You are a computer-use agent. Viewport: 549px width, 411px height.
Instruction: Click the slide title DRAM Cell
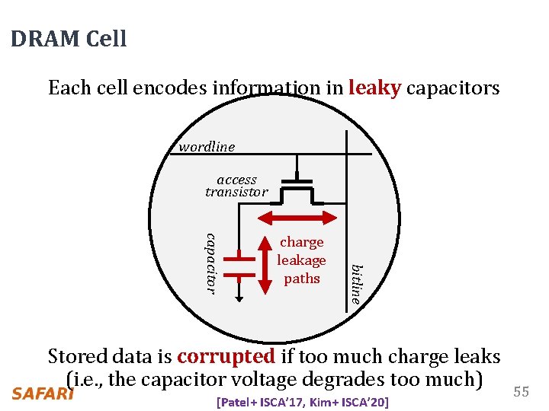coord(69,39)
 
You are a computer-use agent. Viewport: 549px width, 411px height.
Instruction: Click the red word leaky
coord(374,88)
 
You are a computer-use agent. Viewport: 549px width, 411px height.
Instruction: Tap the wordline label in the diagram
coord(207,146)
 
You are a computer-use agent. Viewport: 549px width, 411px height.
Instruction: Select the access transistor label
coord(236,186)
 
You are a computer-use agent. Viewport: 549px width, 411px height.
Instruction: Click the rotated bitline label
coord(356,284)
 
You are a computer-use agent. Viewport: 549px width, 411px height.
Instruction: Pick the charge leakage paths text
coord(301,260)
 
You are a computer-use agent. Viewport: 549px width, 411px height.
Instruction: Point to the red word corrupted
coord(226,356)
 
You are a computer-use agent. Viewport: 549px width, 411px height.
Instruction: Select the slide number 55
coord(521,391)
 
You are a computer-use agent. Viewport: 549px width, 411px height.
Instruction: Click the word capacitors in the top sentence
coord(453,88)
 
